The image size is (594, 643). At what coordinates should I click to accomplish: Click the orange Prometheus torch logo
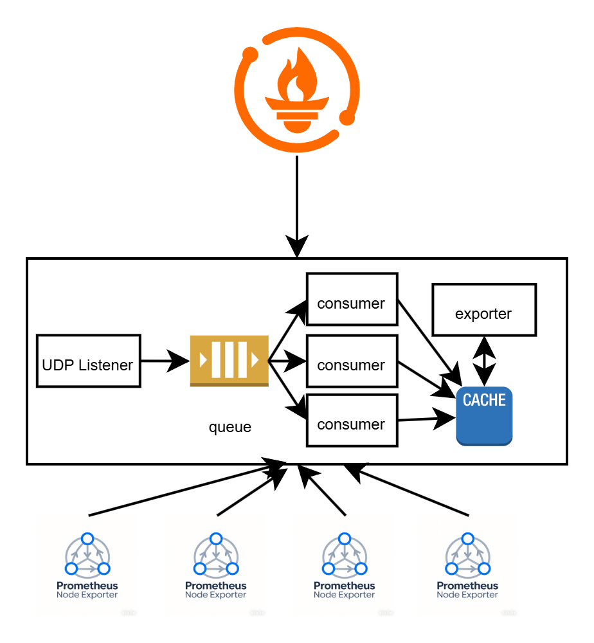297,90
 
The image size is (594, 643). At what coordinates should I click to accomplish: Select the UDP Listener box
88,361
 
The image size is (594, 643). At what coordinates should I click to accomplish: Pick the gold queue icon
229,361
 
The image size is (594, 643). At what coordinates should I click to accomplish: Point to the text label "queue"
230,427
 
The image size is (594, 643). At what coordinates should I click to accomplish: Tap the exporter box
483,310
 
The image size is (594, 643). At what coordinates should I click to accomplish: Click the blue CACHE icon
484,416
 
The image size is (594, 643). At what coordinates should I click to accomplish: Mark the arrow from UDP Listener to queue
165,361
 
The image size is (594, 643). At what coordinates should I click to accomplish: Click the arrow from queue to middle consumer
288,361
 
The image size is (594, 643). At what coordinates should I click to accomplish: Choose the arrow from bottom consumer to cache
427,420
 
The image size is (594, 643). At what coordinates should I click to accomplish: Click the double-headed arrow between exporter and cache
484,361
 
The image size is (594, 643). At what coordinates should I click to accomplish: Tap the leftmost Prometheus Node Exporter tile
87,566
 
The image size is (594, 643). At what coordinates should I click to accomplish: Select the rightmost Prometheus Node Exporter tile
467,566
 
